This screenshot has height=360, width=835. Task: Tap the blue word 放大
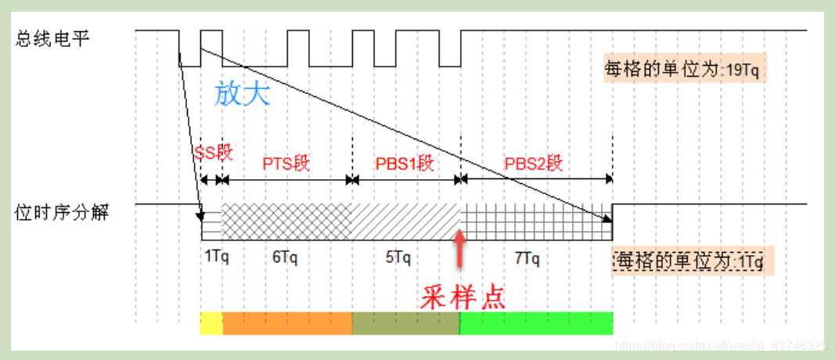243,94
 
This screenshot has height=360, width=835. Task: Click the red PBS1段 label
404,164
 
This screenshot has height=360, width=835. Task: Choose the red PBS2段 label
534,164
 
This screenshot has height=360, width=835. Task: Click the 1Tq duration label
217,257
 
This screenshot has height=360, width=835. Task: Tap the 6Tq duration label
285,257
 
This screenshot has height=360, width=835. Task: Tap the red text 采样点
463,296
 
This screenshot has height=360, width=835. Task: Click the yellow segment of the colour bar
211,322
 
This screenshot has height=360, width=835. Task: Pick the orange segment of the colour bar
287,322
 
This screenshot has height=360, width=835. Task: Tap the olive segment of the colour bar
405,322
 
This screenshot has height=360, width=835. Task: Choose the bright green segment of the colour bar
535,322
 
